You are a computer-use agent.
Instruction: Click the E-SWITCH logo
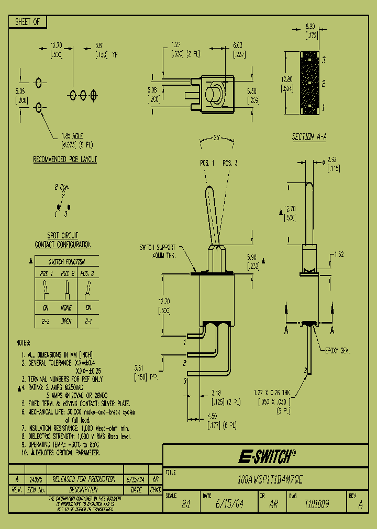pos(267,456)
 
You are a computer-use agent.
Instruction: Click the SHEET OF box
pos(27,22)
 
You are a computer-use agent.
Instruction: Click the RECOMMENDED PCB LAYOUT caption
pos(65,159)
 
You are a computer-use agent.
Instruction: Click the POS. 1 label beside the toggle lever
pos(207,163)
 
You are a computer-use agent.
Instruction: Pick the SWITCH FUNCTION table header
pos(66,262)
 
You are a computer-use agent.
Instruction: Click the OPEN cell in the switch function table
pos(66,321)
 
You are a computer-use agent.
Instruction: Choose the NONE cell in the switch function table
pos(66,308)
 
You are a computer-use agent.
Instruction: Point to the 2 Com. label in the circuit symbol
pos(62,187)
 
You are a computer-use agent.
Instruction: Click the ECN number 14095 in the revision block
pos(35,479)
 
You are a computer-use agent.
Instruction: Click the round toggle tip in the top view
pos(214,95)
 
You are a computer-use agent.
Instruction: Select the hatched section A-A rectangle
pos(309,83)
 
